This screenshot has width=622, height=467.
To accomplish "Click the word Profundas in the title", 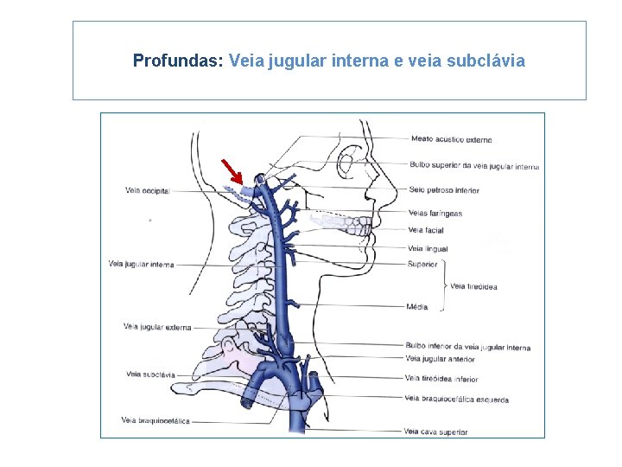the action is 178,61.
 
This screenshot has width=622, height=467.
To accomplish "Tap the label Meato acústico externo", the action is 451,139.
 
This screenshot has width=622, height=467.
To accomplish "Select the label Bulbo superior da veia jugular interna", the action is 474,166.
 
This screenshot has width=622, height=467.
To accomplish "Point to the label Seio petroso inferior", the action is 444,190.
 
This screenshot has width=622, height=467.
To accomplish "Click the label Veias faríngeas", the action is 435,214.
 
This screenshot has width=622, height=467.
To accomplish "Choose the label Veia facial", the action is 425,230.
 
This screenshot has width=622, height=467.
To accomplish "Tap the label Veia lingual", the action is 428,249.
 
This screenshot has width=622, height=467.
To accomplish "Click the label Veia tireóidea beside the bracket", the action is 473,286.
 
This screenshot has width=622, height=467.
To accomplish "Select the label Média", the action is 417,307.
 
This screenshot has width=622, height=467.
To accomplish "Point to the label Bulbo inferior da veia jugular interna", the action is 467,348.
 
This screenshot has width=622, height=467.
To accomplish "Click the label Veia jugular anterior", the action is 440,358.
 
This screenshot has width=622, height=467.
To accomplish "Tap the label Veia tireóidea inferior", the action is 441,379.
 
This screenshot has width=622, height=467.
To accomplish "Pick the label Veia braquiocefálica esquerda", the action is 456,400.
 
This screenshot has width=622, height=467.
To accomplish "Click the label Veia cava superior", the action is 435,431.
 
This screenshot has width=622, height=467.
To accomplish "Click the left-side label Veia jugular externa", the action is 156,327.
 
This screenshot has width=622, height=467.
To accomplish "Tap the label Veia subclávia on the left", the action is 150,374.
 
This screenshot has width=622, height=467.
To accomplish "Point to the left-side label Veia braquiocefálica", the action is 155,420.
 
